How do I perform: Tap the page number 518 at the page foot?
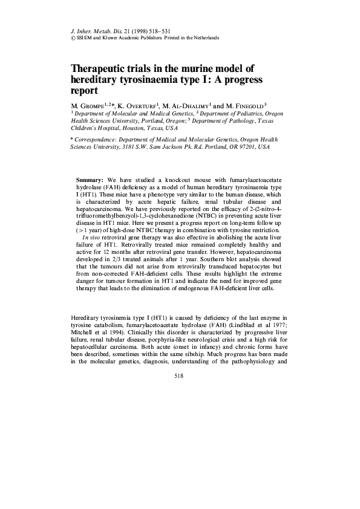[178, 375]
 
